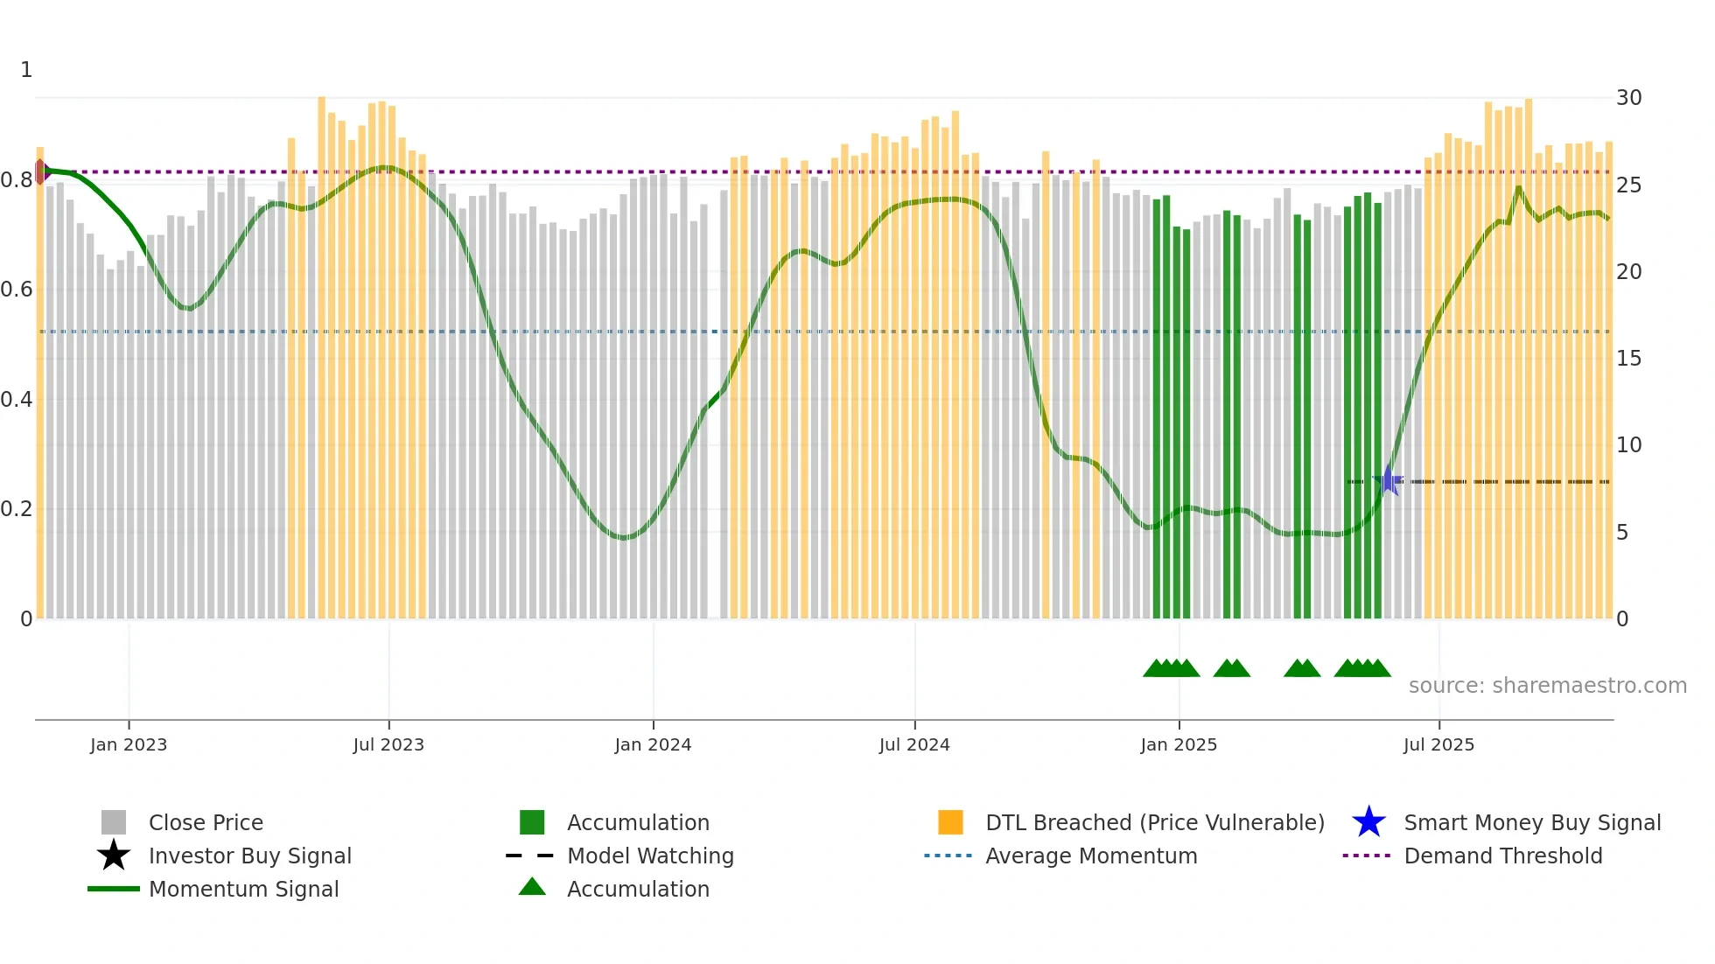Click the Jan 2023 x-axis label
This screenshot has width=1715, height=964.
(x=128, y=744)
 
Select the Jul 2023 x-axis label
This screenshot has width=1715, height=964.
(x=388, y=744)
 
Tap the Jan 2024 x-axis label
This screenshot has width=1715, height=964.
(x=653, y=744)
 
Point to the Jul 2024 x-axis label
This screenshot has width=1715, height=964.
(x=914, y=744)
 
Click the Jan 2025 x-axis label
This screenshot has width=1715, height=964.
(x=1179, y=744)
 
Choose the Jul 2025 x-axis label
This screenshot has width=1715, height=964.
(x=1438, y=744)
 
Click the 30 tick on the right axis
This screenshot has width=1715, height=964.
(x=1628, y=97)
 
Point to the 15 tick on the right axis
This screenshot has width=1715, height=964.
(x=1628, y=358)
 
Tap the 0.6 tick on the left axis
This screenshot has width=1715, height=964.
(x=16, y=290)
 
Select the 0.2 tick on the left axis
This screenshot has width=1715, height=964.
(x=16, y=509)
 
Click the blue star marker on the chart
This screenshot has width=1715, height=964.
(x=1388, y=480)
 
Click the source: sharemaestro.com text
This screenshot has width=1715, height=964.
(x=1547, y=685)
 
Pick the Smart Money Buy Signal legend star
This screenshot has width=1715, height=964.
(x=1368, y=822)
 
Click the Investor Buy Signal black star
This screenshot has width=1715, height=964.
(x=114, y=856)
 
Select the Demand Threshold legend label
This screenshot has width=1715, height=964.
(x=1502, y=856)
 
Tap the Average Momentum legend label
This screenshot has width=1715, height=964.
(x=1090, y=856)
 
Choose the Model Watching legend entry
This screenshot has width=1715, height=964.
(x=649, y=856)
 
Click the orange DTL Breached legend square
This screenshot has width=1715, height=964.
(x=950, y=822)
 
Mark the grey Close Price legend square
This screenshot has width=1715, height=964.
(x=114, y=822)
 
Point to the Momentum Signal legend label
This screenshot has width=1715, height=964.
(x=243, y=889)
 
